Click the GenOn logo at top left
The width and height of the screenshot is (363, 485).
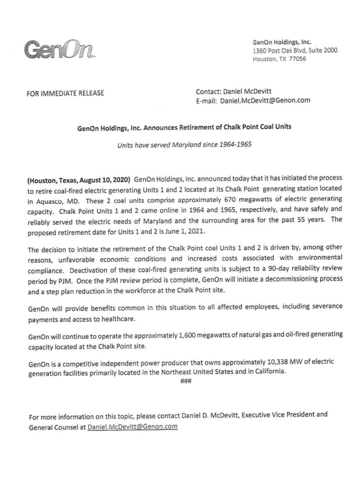59,50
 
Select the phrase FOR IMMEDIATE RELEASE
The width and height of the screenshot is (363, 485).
65,93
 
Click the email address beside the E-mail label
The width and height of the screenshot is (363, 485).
265,100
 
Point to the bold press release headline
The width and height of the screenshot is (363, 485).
184,127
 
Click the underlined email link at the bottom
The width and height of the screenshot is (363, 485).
132,427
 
